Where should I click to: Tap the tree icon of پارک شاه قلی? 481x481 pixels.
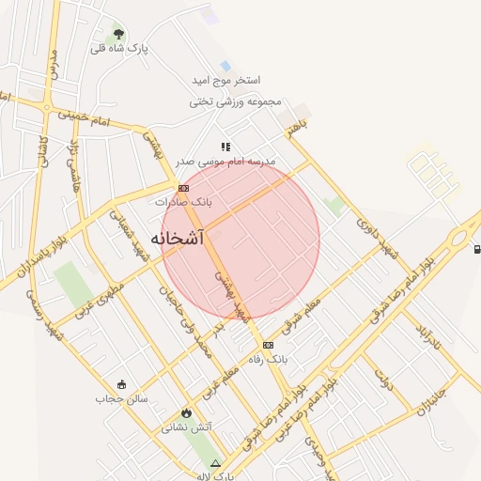click(x=117, y=33)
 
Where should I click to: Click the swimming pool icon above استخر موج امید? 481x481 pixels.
click(x=225, y=66)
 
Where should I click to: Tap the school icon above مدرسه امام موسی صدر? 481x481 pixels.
click(x=225, y=147)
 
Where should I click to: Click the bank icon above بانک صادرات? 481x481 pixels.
click(x=182, y=188)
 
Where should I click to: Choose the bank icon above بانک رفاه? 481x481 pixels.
click(x=268, y=345)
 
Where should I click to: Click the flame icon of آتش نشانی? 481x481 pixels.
click(x=186, y=412)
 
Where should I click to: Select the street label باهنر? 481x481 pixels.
click(x=298, y=128)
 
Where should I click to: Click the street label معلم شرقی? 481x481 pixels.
click(x=301, y=315)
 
